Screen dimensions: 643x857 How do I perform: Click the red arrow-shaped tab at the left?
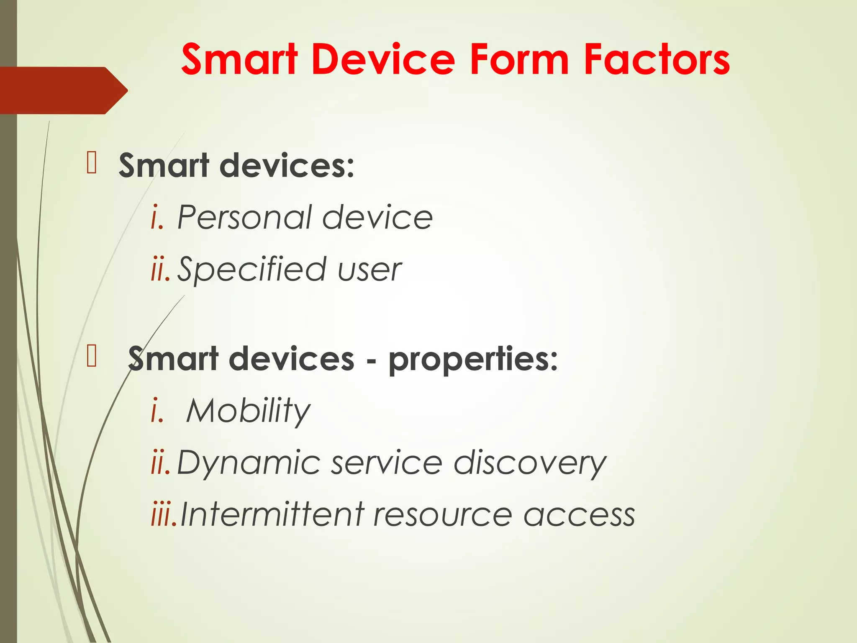click(x=63, y=90)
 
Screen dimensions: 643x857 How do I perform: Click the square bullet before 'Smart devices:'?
click(x=92, y=163)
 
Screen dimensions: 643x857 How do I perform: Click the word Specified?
click(x=251, y=270)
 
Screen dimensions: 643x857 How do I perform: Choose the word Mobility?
click(x=248, y=411)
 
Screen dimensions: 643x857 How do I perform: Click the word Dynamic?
click(x=249, y=463)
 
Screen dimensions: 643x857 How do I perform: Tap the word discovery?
click(x=530, y=463)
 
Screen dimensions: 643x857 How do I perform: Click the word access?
click(x=579, y=515)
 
